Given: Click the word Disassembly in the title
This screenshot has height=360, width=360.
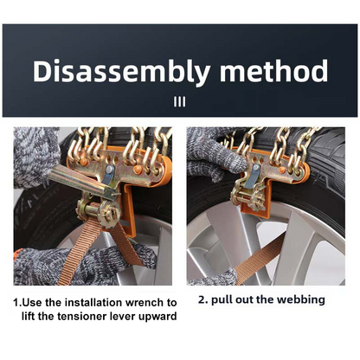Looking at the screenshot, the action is [x=121, y=72].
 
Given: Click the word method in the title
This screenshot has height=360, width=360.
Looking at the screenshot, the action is [x=273, y=71].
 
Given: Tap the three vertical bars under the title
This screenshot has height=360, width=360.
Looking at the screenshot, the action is [x=180, y=101].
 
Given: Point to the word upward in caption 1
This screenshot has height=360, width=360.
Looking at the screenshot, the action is [x=157, y=317].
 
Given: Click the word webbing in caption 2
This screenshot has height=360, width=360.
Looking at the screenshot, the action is [x=301, y=299].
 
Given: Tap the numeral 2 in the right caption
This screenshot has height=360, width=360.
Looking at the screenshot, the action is [x=202, y=299].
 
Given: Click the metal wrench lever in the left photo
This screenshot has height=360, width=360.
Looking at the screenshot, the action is [x=84, y=182].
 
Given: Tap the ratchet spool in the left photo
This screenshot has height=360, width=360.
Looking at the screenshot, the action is [x=100, y=211].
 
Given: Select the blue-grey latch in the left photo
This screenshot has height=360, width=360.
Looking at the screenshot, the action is [x=108, y=175].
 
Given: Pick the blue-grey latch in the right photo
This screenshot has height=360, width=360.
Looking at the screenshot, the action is [x=254, y=177].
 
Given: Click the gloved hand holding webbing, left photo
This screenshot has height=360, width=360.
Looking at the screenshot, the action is [x=84, y=266].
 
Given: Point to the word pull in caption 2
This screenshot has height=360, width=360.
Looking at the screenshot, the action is [x=222, y=300].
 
